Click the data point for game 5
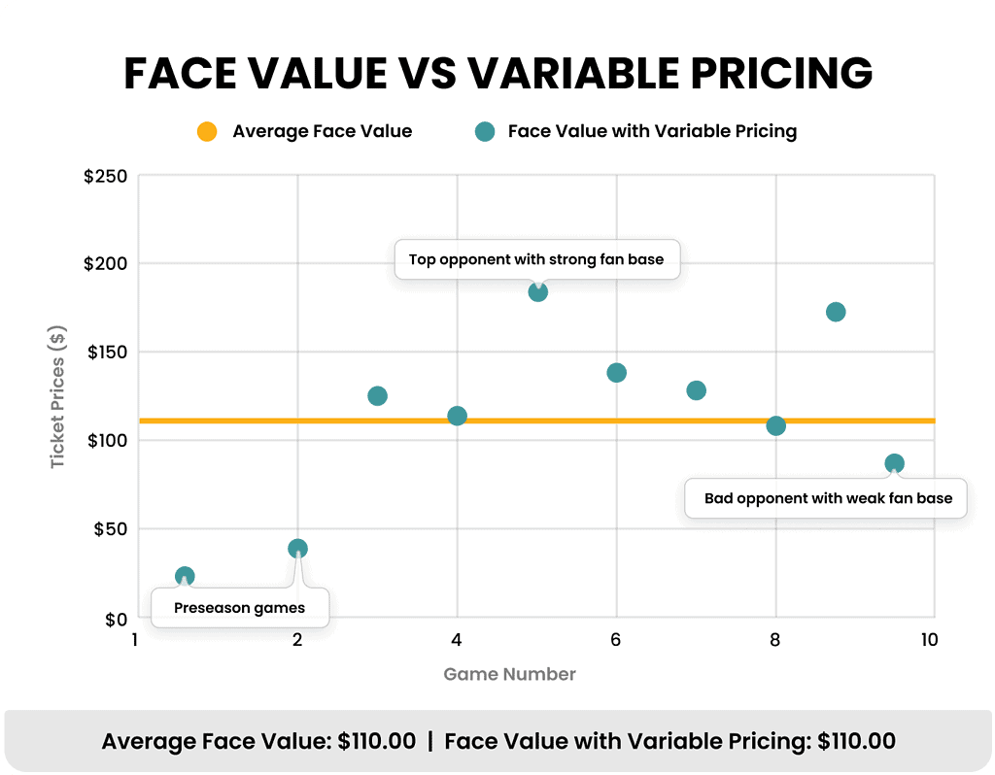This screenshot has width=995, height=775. click(537, 292)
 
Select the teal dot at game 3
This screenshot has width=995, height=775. click(378, 396)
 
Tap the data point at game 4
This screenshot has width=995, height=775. click(457, 417)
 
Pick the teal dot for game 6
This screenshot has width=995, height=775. click(616, 373)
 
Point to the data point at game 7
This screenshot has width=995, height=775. click(696, 390)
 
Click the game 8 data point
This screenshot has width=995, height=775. click(775, 425)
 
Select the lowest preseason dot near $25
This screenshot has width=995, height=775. click(185, 577)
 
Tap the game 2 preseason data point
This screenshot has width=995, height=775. click(297, 549)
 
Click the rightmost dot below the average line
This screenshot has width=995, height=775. click(894, 463)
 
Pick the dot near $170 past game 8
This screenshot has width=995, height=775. click(836, 312)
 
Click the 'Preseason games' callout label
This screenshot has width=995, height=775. click(239, 608)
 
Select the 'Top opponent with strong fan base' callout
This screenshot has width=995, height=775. click(536, 259)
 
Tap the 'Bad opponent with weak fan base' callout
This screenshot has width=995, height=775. click(825, 498)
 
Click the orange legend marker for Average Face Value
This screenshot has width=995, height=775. click(207, 131)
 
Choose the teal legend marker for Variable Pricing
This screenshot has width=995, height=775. click(483, 131)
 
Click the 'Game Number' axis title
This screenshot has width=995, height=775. click(509, 674)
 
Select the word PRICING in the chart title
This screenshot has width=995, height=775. click(762, 73)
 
